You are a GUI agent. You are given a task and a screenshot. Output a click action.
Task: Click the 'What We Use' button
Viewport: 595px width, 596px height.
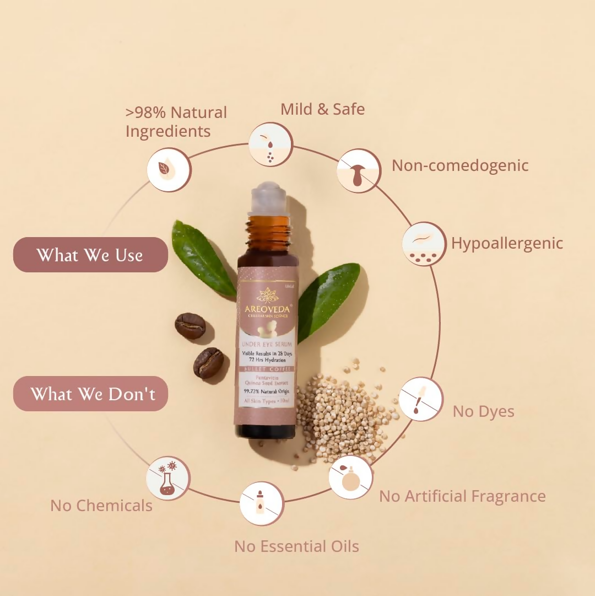click(90, 255)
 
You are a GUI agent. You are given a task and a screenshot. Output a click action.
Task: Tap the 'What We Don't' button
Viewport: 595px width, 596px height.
click(90, 394)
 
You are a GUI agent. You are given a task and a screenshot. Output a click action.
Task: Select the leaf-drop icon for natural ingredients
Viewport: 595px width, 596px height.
click(169, 170)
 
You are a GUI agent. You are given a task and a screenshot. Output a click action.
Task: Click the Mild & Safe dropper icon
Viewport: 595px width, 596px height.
click(270, 144)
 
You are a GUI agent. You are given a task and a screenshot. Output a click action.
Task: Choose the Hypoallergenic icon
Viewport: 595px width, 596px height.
click(424, 244)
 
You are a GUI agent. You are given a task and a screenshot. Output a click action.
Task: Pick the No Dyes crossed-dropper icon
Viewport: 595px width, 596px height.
click(421, 399)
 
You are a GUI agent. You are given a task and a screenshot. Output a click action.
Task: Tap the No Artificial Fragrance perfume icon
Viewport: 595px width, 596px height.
click(350, 477)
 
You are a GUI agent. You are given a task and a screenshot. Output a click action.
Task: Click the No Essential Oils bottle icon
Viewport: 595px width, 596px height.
click(261, 503)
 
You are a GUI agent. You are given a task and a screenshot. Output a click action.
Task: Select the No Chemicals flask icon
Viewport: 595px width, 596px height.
click(169, 478)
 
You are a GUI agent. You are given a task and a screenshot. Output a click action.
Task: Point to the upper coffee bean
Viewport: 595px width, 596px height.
click(190, 326)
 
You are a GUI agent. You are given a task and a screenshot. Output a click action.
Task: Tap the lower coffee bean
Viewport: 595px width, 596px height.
click(209, 363)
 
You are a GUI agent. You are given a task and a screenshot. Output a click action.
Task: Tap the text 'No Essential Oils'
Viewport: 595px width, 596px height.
click(296, 546)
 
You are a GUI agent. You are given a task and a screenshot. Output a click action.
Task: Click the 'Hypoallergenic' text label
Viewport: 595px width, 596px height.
click(507, 243)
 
